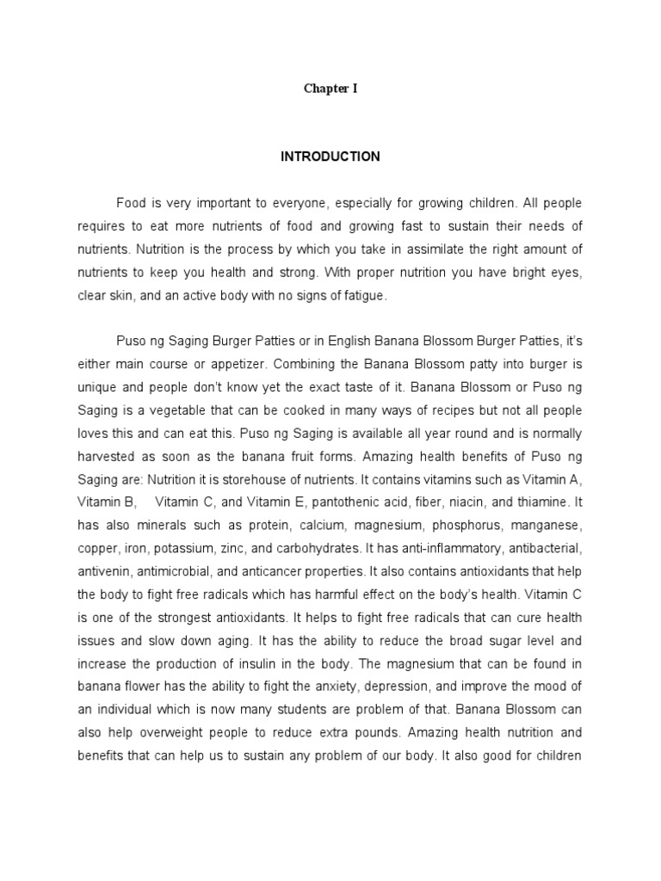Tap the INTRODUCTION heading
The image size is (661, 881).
(330, 157)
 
